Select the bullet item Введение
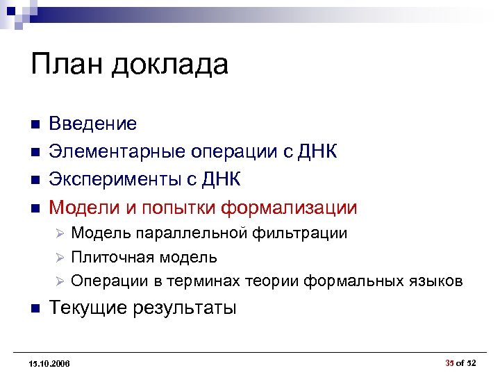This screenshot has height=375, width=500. click(x=92, y=124)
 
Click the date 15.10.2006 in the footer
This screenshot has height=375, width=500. click(x=50, y=363)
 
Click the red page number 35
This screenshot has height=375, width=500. click(x=449, y=362)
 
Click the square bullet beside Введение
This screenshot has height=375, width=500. click(x=33, y=125)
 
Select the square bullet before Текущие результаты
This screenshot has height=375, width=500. click(x=33, y=308)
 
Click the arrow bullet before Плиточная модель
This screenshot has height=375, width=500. click(x=60, y=258)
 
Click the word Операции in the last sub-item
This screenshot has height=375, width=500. click(x=104, y=281)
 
